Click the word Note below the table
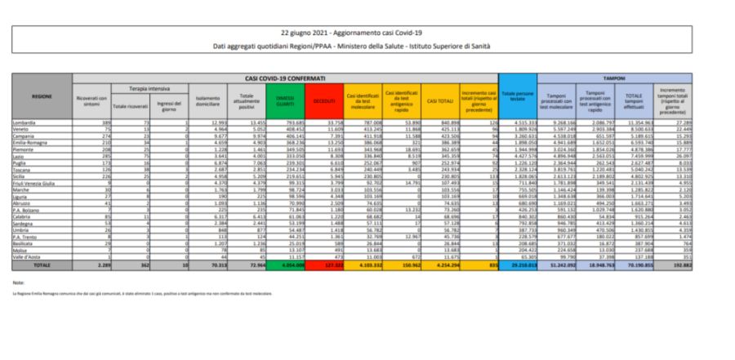(19, 282)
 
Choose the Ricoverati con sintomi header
(91, 100)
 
